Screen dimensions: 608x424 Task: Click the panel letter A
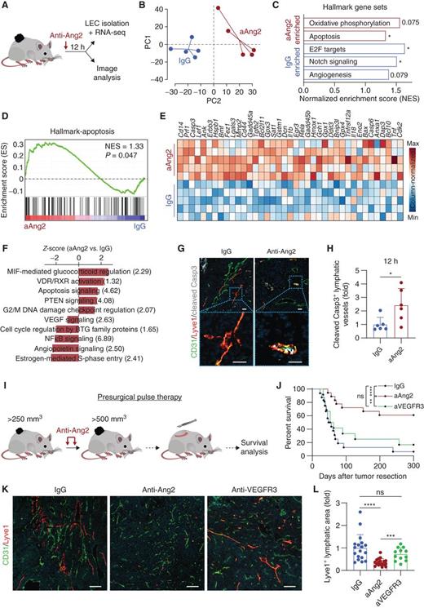click(7, 7)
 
